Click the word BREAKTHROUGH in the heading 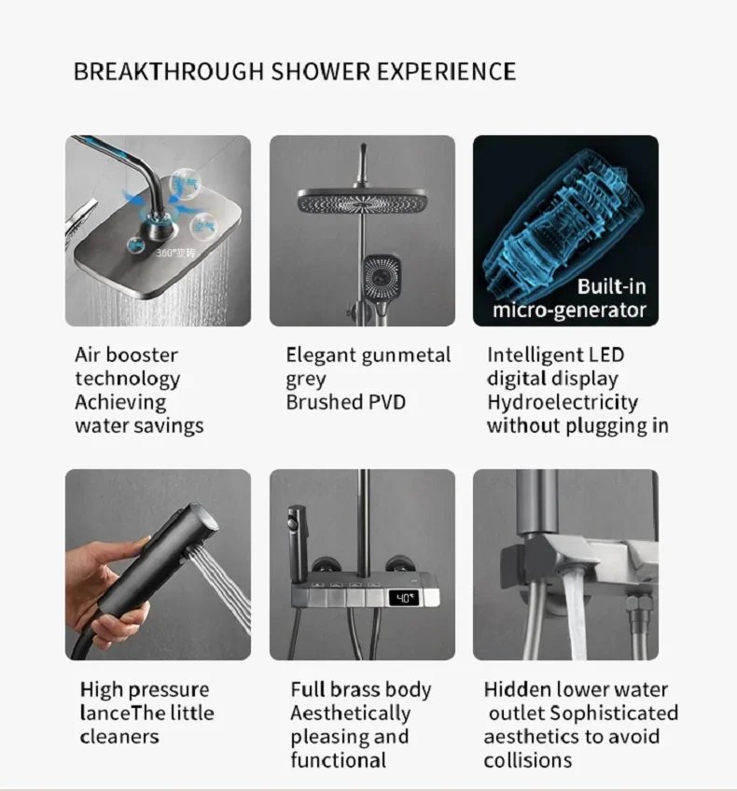point(169,72)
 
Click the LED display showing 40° point(404,597)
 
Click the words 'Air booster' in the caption point(126,354)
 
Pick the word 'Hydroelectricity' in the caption point(562,402)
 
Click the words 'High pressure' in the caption point(145,690)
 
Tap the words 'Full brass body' point(360,690)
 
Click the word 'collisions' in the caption point(527,760)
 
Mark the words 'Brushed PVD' point(345,402)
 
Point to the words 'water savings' point(139,425)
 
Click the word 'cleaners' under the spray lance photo point(119,737)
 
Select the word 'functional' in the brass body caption point(338,760)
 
